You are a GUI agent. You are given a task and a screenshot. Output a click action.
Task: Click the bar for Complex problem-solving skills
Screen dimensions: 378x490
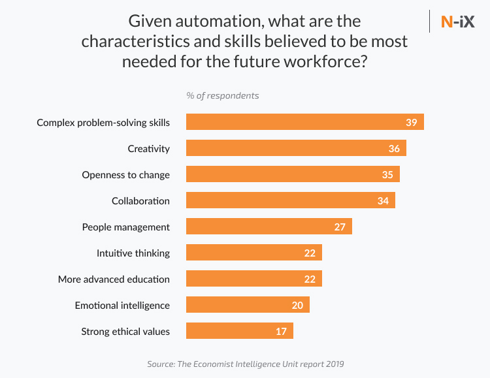[304, 122]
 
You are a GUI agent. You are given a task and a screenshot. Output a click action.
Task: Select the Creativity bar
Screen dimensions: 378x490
[296, 148]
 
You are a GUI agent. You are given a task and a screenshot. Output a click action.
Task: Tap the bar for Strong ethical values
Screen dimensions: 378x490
[239, 331]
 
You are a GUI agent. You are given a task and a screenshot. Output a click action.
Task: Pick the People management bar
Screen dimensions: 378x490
[269, 227]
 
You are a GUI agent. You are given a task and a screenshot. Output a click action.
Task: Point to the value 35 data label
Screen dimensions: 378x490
[387, 175]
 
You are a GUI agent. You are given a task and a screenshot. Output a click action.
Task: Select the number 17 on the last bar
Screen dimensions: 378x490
[281, 332]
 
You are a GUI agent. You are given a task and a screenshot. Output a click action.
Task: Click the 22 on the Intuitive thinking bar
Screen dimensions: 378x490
[310, 253]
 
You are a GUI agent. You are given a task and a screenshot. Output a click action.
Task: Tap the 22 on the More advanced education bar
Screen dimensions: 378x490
[310, 279]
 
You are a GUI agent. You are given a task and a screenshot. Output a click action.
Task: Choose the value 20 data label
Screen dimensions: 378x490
[297, 306]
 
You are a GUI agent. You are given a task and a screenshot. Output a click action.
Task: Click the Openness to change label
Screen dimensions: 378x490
[125, 175]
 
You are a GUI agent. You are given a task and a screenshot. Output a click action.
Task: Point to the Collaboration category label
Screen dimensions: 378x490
[140, 201]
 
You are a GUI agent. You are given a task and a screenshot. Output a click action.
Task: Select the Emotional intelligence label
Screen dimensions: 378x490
[122, 306]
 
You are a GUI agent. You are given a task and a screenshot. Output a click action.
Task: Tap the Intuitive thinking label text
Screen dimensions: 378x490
[133, 253]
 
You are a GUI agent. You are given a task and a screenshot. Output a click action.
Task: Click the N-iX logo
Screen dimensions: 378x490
[457, 22]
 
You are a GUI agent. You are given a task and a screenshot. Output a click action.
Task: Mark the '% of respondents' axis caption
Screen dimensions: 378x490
[222, 96]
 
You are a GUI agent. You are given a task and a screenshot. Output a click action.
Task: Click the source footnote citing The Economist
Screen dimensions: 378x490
[244, 364]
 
